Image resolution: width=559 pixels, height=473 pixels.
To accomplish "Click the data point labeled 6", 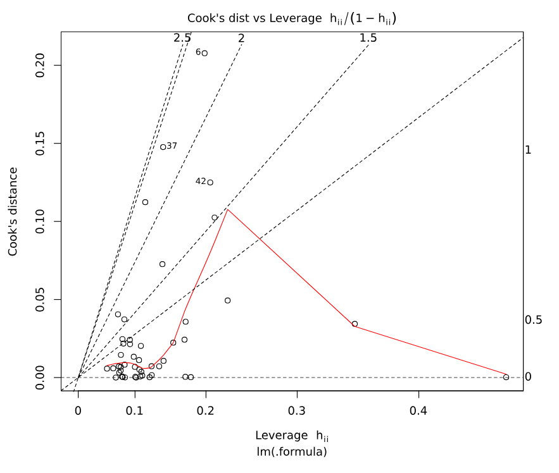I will pos(204,53).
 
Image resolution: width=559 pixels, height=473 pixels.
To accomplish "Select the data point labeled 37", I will pos(163,147).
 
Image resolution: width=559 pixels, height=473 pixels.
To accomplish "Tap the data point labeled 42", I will pos(210,182).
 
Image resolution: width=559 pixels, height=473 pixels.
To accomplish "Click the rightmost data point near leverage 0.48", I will pos(506,377).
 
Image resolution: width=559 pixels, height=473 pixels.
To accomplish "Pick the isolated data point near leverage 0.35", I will pos(355,324).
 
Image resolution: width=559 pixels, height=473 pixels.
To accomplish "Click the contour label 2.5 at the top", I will pos(182,38).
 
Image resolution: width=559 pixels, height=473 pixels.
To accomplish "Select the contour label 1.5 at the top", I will pos(368,38).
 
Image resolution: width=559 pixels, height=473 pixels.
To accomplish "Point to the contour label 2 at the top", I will pos(241,38).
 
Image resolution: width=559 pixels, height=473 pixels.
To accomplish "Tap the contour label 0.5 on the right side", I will pos(533,320).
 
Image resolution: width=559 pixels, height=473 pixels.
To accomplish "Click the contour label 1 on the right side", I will pos(527,150).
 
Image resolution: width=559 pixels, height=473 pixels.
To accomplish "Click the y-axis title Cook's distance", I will pos(13,212).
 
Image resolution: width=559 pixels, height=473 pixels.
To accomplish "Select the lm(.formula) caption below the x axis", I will pos(292,451).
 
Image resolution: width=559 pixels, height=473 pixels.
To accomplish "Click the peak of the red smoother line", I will pos(227,209).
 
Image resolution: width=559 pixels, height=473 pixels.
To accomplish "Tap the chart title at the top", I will pos(292,19).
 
